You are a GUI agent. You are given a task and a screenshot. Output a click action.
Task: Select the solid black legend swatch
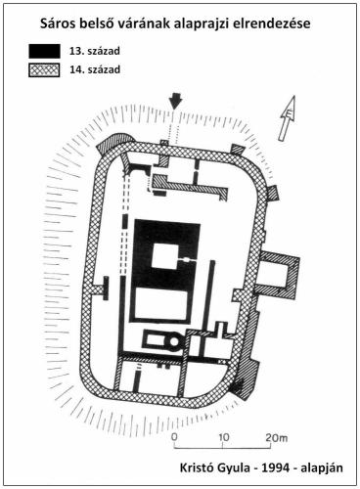[44, 51]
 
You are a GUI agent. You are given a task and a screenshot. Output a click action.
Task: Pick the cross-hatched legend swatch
[44, 69]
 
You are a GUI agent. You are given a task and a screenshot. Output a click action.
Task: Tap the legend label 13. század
[95, 51]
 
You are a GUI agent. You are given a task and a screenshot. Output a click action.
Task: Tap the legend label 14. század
[95, 69]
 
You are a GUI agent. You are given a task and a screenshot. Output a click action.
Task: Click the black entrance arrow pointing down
[175, 101]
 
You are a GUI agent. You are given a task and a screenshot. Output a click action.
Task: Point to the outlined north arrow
[288, 118]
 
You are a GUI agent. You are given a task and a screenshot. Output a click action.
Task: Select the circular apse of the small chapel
[173, 342]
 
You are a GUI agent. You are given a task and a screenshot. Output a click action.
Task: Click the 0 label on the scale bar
[174, 437]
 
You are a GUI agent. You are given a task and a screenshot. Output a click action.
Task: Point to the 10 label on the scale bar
[223, 437]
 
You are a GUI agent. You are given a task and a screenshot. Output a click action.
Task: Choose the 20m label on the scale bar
[276, 437]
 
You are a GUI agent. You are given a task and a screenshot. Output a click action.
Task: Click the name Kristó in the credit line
[196, 467]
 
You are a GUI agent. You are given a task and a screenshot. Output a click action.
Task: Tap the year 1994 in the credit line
[274, 467]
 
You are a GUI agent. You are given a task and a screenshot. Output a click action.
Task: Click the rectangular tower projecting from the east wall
[281, 276]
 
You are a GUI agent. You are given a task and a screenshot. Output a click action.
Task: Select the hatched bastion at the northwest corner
[115, 143]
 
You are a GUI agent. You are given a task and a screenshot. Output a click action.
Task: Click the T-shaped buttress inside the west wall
[102, 289]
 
